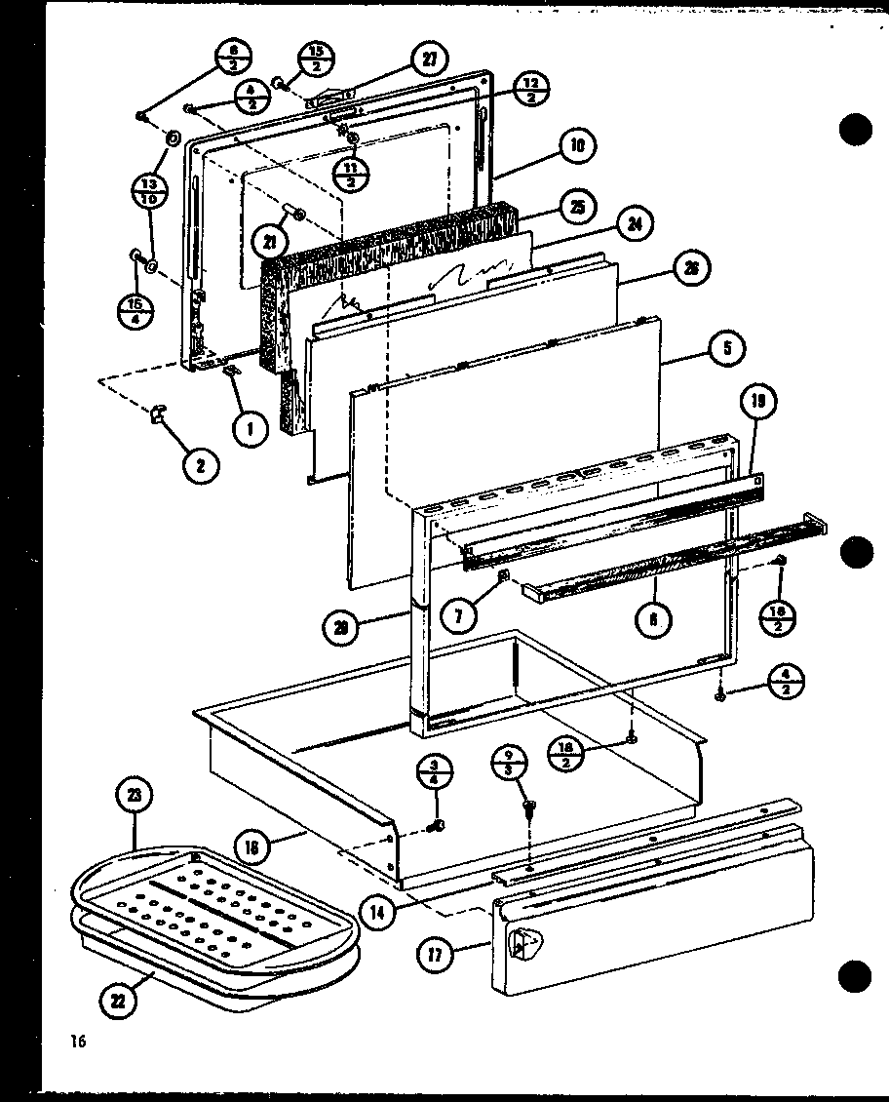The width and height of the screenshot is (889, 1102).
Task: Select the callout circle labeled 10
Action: point(577,146)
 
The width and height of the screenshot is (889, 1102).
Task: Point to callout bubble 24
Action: point(634,224)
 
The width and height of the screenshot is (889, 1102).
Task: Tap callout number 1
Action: point(251,427)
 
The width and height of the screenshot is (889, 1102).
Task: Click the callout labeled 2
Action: point(200,465)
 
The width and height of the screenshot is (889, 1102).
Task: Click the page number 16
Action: point(78,1043)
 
